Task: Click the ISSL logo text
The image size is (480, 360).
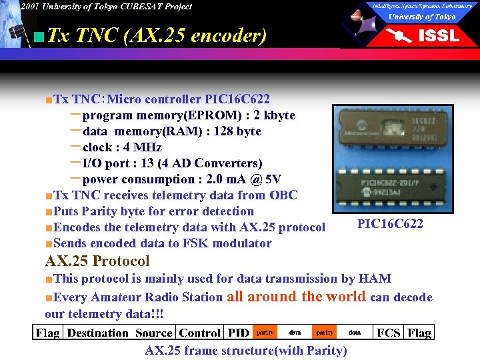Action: (438, 35)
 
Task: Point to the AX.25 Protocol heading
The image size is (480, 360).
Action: (97, 261)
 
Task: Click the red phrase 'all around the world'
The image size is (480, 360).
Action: (296, 297)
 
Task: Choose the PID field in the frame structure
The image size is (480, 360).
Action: (239, 332)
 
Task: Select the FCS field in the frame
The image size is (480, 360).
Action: (389, 332)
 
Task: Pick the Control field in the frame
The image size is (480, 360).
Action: (200, 332)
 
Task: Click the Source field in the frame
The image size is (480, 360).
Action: (154, 332)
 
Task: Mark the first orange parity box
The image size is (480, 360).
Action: (265, 331)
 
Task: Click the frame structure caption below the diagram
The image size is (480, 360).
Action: (246, 351)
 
